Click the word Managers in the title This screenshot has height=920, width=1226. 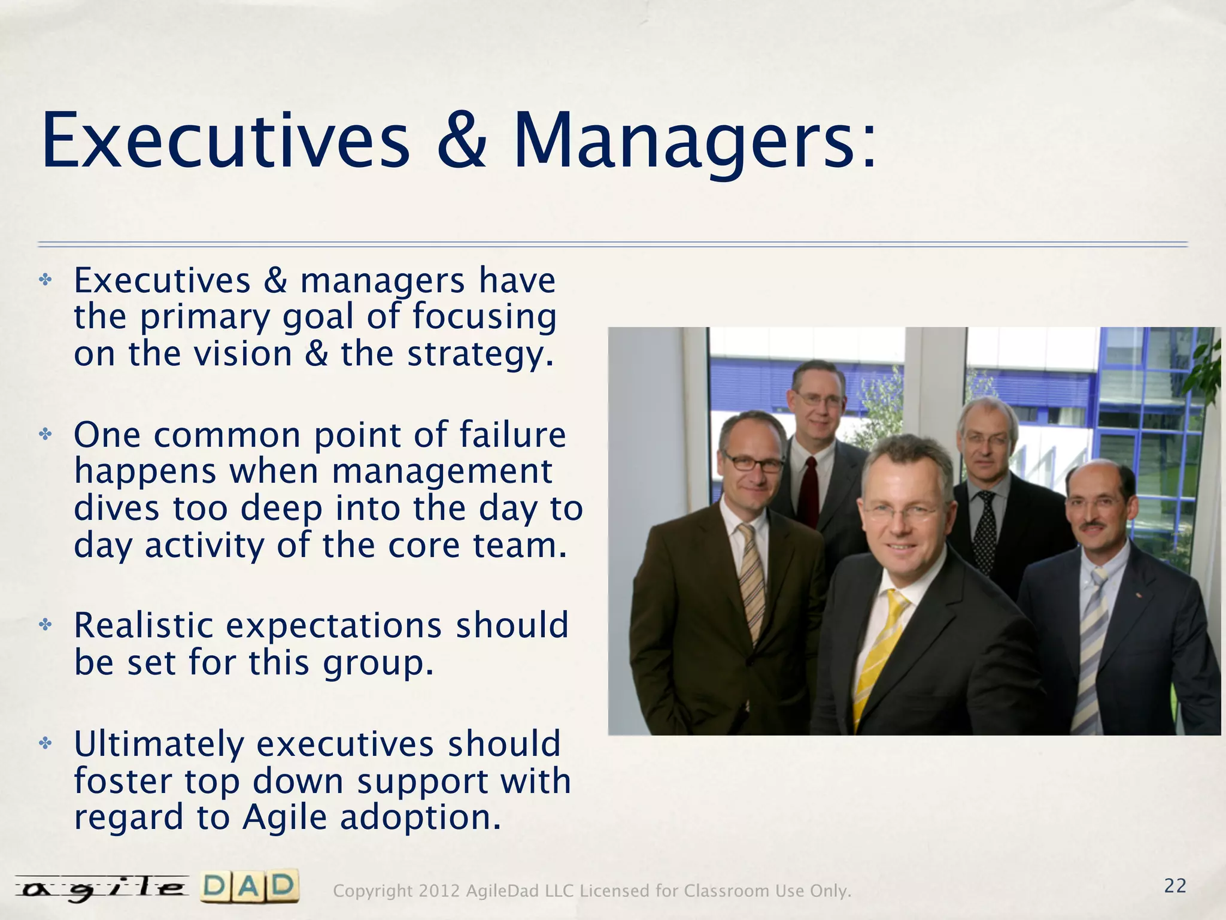[694, 143]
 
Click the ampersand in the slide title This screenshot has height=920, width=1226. [461, 143]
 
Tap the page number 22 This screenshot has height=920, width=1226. [1175, 886]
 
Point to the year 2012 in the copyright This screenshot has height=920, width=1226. [439, 891]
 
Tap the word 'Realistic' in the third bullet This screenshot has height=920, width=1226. [144, 626]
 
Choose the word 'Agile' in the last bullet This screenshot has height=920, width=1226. [285, 818]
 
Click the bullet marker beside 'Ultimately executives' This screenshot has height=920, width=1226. [45, 744]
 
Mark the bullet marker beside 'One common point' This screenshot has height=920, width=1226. [45, 434]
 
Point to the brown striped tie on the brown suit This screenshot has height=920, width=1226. [752, 581]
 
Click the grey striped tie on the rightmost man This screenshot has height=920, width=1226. [1093, 647]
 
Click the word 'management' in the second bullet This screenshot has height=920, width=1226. [442, 472]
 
